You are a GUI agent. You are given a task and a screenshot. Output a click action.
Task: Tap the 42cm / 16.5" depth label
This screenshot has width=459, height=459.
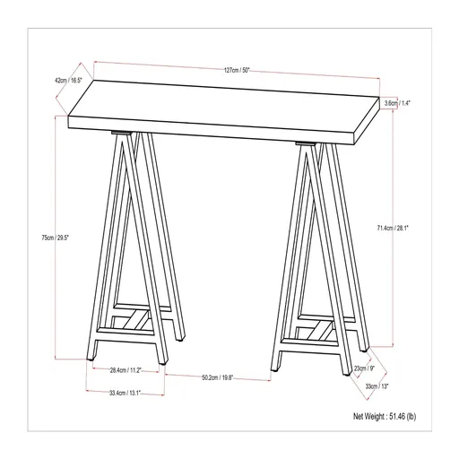click(69, 81)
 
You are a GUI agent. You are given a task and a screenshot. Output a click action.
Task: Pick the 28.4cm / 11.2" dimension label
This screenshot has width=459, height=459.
click(125, 370)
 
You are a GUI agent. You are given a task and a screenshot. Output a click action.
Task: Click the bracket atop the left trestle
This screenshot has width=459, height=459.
click(122, 135)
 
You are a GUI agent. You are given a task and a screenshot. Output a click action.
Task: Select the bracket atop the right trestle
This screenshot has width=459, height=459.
click(306, 143)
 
